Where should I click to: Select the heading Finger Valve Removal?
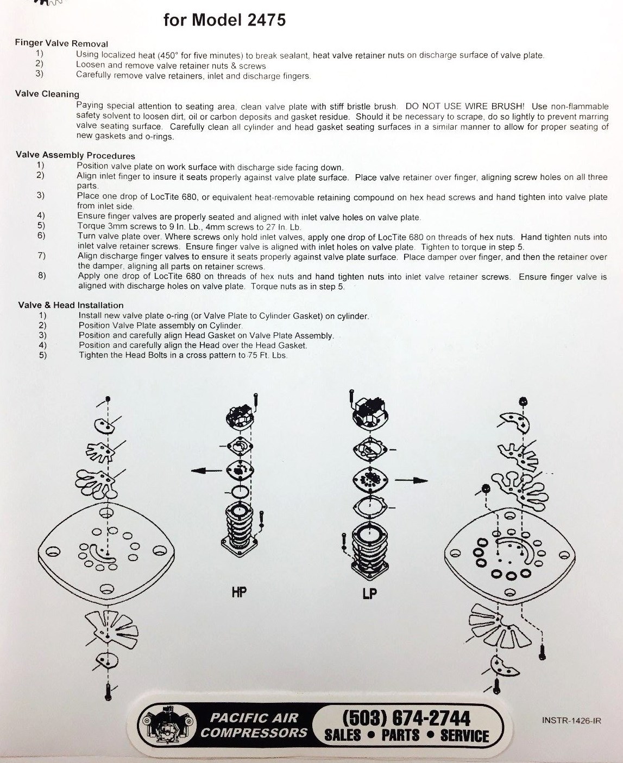[61, 43]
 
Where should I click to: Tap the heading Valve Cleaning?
[47, 94]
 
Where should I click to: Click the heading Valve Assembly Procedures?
[75, 155]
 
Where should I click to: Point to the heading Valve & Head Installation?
[71, 305]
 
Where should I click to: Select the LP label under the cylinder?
[369, 594]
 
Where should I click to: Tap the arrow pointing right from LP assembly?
[412, 480]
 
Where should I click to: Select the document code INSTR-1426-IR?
[571, 721]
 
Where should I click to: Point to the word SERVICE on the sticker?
[464, 736]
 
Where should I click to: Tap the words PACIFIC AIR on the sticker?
[254, 718]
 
